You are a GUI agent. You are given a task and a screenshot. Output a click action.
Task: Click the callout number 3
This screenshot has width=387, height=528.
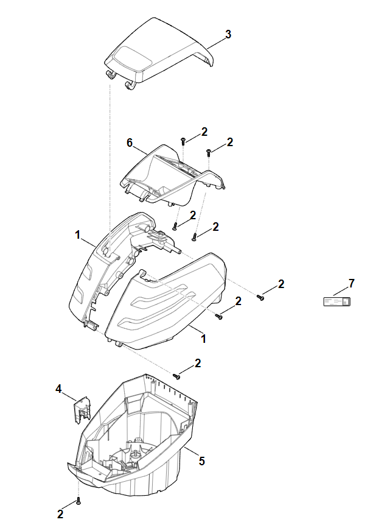tap(228, 35)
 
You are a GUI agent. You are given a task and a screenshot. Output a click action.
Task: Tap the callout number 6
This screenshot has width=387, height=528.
tap(130, 143)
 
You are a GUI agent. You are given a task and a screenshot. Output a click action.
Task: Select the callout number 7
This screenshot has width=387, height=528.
tap(351, 284)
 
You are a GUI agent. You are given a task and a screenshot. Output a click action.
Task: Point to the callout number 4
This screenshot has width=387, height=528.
tap(59, 388)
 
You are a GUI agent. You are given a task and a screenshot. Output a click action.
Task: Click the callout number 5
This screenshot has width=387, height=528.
tap(201, 461)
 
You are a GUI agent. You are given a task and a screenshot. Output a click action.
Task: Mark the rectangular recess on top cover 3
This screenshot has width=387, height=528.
tap(136, 59)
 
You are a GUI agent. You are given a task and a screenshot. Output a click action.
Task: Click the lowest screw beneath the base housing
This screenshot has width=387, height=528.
tap(78, 501)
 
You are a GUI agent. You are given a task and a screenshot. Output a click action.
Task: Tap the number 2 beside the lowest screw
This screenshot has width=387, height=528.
tap(60, 514)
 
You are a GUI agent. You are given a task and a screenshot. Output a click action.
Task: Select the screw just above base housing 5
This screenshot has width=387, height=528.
tap(177, 376)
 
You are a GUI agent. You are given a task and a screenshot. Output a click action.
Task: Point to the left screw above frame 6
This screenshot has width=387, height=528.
tap(183, 141)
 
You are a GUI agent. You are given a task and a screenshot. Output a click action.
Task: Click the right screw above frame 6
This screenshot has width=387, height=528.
tap(209, 150)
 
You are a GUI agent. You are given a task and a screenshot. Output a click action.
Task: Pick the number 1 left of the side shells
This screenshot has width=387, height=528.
tap(78, 234)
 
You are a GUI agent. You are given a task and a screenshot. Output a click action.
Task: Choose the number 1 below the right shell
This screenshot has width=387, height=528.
tap(203, 338)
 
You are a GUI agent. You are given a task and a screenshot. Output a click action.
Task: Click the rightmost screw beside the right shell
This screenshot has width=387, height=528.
tap(260, 298)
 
